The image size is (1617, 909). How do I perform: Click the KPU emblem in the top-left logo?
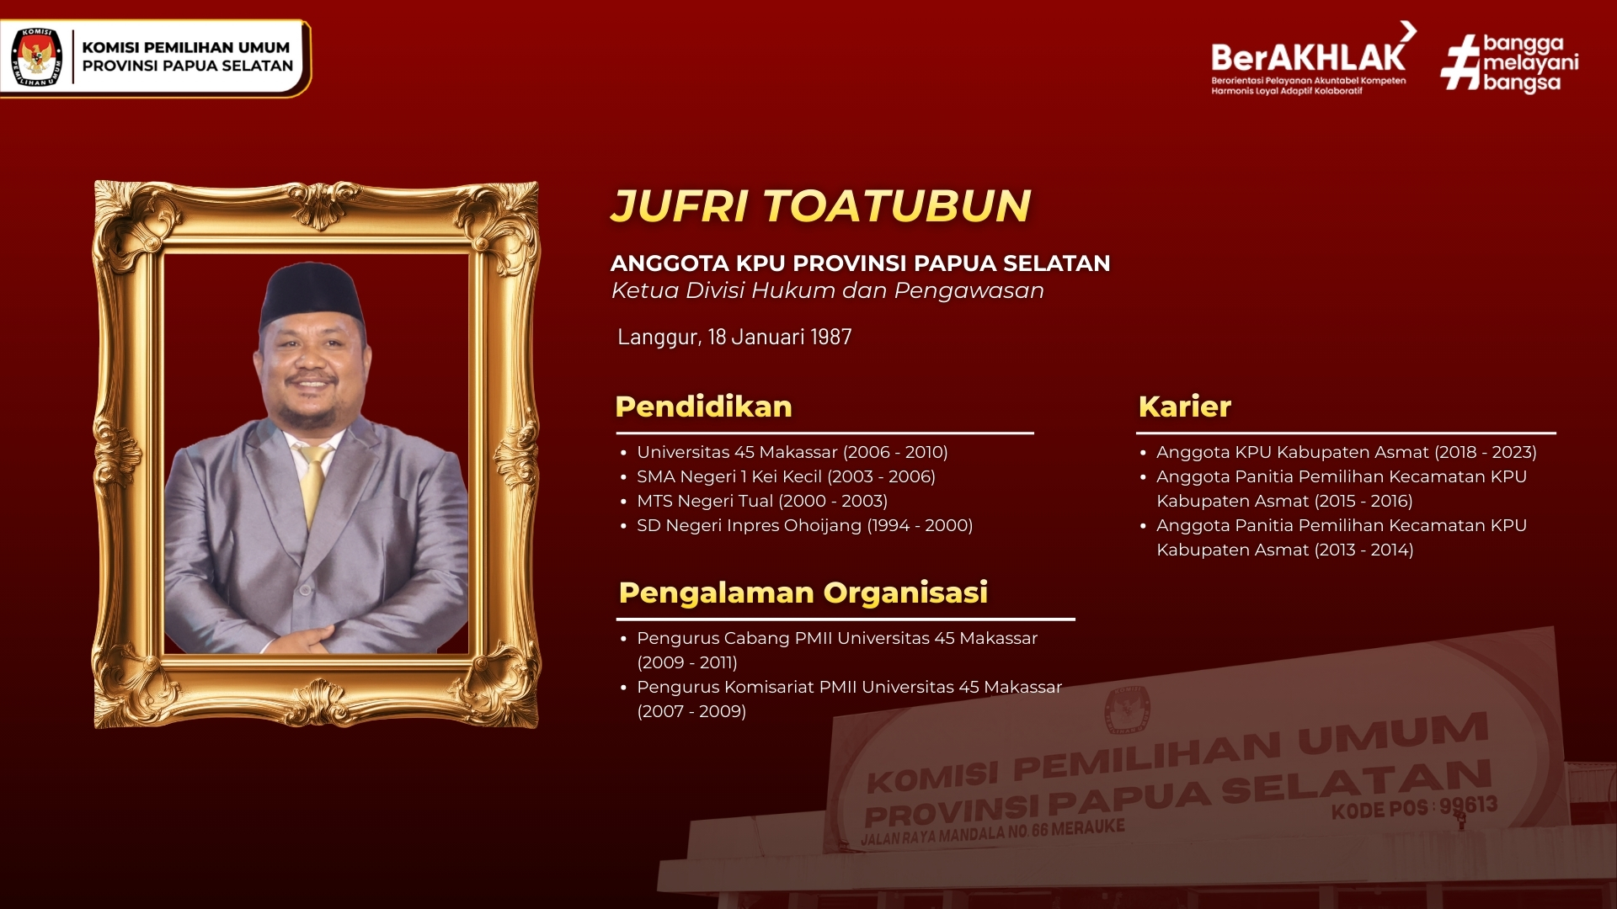(37, 56)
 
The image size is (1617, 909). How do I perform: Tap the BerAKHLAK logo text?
(1309, 57)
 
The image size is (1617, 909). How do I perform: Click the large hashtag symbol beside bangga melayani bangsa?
(1460, 61)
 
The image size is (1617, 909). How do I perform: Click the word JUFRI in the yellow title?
(680, 205)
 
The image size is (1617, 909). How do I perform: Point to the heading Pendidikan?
(704, 407)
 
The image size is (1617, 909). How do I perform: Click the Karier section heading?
(1185, 407)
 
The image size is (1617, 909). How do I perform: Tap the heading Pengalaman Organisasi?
(803, 593)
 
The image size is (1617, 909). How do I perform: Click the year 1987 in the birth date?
(831, 337)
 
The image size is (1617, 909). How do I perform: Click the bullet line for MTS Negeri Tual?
(762, 501)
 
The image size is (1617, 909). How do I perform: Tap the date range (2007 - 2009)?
(691, 711)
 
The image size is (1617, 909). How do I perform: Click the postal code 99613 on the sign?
(1468, 805)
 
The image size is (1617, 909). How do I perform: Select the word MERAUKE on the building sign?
(1088, 827)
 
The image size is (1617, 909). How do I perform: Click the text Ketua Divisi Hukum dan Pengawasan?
(828, 290)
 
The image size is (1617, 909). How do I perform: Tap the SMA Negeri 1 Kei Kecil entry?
(786, 476)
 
